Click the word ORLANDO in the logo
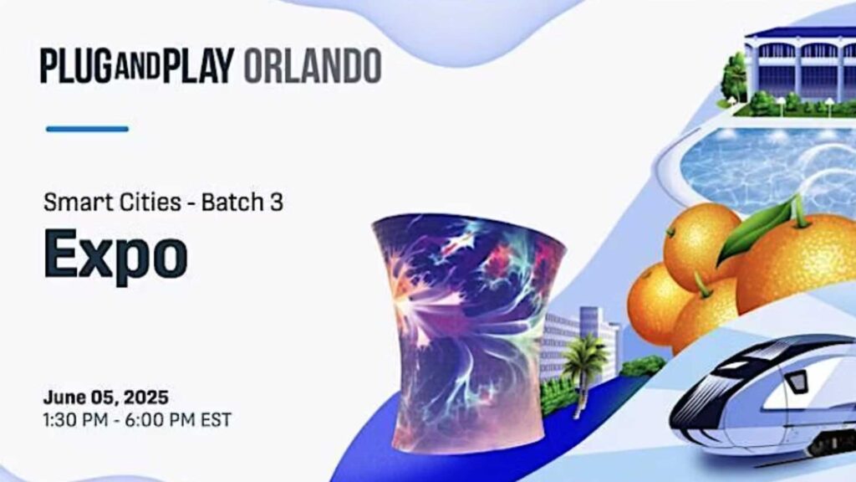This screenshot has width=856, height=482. click(x=313, y=66)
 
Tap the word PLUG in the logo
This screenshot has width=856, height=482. click(x=76, y=66)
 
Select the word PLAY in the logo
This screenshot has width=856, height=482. click(x=197, y=66)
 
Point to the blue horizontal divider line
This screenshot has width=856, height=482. click(x=87, y=129)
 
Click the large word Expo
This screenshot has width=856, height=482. click(x=115, y=255)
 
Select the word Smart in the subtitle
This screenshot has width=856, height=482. click(x=71, y=203)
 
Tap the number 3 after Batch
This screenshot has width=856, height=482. click(x=276, y=203)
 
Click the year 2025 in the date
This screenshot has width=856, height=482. click(x=145, y=397)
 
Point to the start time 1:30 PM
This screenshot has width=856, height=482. click(x=75, y=420)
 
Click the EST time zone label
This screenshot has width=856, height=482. click(x=217, y=420)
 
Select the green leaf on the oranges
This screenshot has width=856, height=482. click(x=756, y=229)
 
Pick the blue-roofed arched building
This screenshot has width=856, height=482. click(x=800, y=69)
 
